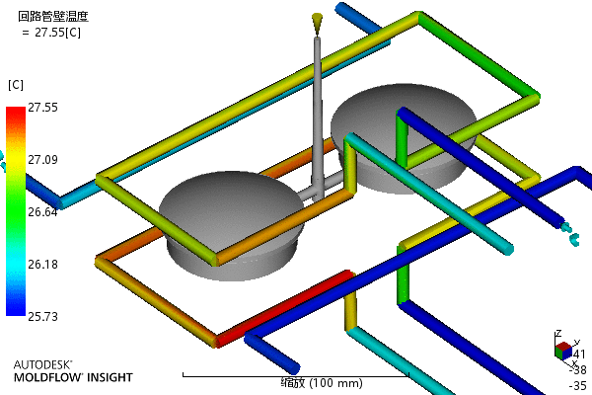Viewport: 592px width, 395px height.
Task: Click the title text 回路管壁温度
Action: pyautogui.click(x=53, y=16)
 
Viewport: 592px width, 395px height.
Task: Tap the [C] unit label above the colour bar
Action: pyautogui.click(x=16, y=85)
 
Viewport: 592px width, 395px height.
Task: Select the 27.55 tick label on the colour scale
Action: pyautogui.click(x=42, y=107)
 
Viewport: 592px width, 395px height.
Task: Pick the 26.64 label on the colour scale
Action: pyautogui.click(x=42, y=211)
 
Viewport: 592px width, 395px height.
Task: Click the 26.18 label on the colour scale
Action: pyautogui.click(x=42, y=264)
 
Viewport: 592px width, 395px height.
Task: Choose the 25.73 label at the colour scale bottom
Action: pyautogui.click(x=42, y=316)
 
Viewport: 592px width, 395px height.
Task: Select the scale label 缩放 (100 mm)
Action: pyautogui.click(x=295, y=382)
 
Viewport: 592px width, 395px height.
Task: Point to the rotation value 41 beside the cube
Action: pyautogui.click(x=579, y=354)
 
